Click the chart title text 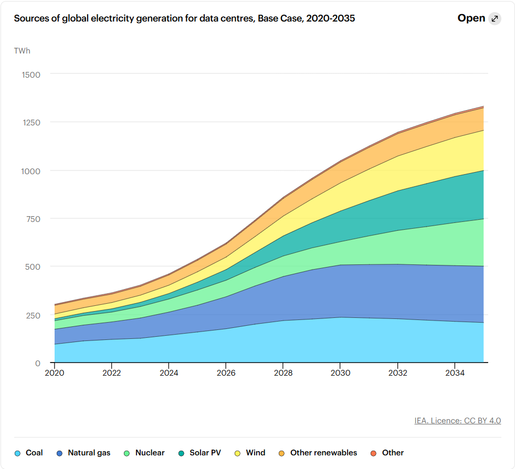pyautogui.click(x=184, y=18)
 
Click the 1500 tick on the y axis pyautogui.click(x=31, y=74)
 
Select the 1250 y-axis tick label pyautogui.click(x=31, y=122)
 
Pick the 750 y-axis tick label pyautogui.click(x=33, y=219)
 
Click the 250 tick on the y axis pyautogui.click(x=33, y=315)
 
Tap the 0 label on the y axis pyautogui.click(x=38, y=363)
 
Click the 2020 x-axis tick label pyautogui.click(x=55, y=373)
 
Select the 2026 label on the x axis pyautogui.click(x=226, y=373)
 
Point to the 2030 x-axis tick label pyautogui.click(x=340, y=373)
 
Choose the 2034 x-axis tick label pyautogui.click(x=455, y=373)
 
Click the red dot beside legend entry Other pyautogui.click(x=374, y=453)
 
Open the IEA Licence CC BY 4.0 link pyautogui.click(x=457, y=420)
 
